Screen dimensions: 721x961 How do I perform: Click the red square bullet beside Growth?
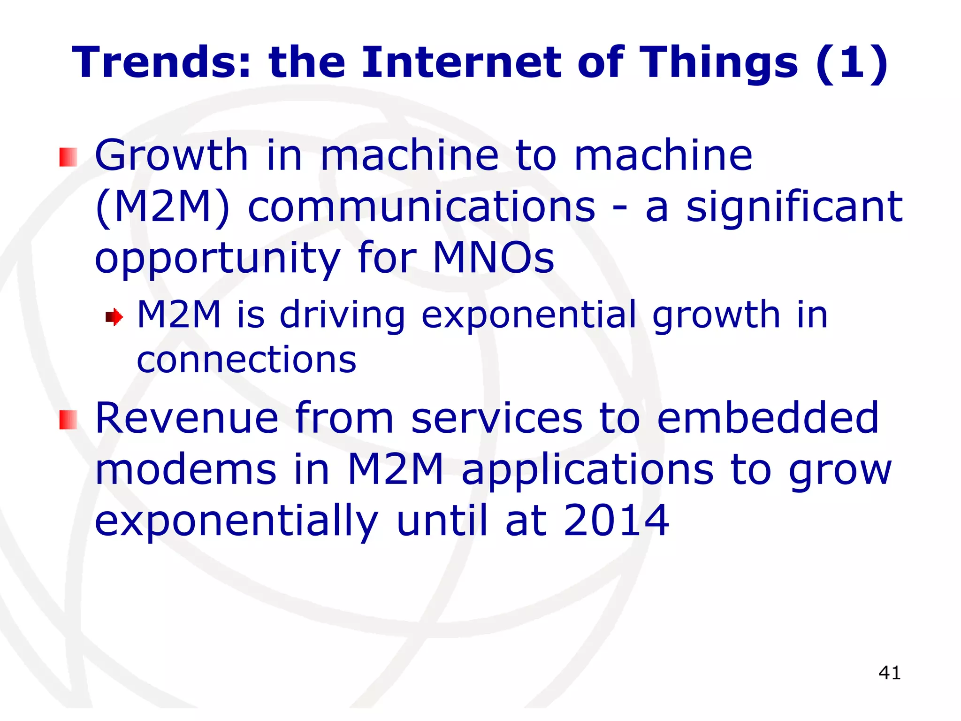point(68,157)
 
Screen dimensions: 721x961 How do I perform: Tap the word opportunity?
point(217,259)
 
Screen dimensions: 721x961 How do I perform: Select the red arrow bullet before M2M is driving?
point(114,317)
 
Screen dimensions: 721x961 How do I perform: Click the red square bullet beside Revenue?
point(68,420)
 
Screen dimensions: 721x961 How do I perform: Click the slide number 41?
point(889,673)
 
